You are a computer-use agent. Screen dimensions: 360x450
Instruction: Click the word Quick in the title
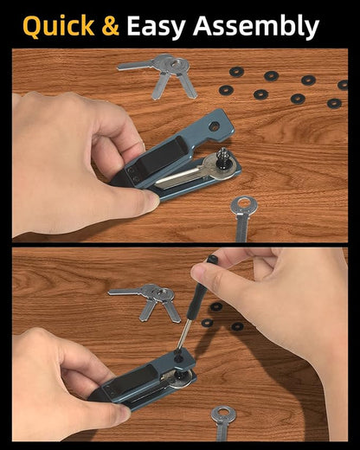[x=59, y=26]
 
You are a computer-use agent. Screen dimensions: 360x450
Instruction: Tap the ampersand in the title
[x=111, y=26]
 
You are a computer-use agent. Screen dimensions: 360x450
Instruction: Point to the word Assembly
[x=256, y=27]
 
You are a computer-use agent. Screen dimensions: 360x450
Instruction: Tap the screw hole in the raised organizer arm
[x=214, y=125]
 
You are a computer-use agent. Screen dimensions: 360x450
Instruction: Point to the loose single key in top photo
[x=242, y=219]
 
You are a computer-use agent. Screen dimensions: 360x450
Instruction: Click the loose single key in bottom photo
[x=222, y=423]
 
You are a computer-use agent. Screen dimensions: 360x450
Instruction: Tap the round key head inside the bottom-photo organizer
[x=182, y=379]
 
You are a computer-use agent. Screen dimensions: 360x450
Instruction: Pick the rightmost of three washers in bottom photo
[x=237, y=326]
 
